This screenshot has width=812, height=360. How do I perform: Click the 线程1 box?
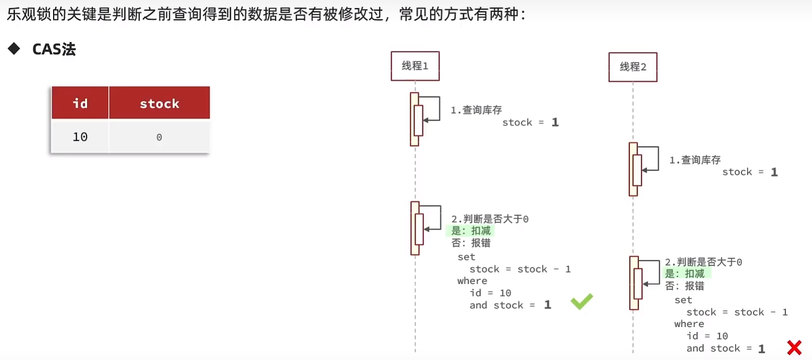415,66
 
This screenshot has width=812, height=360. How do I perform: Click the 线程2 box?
633,67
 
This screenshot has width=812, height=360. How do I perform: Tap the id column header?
80,103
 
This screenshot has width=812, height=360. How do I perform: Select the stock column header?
159,103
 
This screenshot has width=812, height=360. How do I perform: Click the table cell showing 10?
80,137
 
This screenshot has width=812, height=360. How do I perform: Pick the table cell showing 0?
159,138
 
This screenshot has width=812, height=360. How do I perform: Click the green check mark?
581,302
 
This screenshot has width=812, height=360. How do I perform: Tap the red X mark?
794,348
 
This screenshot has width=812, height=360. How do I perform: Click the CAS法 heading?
54,49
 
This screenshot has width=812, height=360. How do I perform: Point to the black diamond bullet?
14,49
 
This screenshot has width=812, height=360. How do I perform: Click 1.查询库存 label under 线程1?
476,110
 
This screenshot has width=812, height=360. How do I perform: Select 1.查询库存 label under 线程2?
695,160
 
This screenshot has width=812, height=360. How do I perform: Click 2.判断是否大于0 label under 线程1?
490,219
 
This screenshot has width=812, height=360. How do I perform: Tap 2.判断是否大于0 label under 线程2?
703,262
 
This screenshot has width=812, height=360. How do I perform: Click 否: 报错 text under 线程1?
471,243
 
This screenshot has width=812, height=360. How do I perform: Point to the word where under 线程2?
689,324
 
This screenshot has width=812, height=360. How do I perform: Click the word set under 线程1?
466,257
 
